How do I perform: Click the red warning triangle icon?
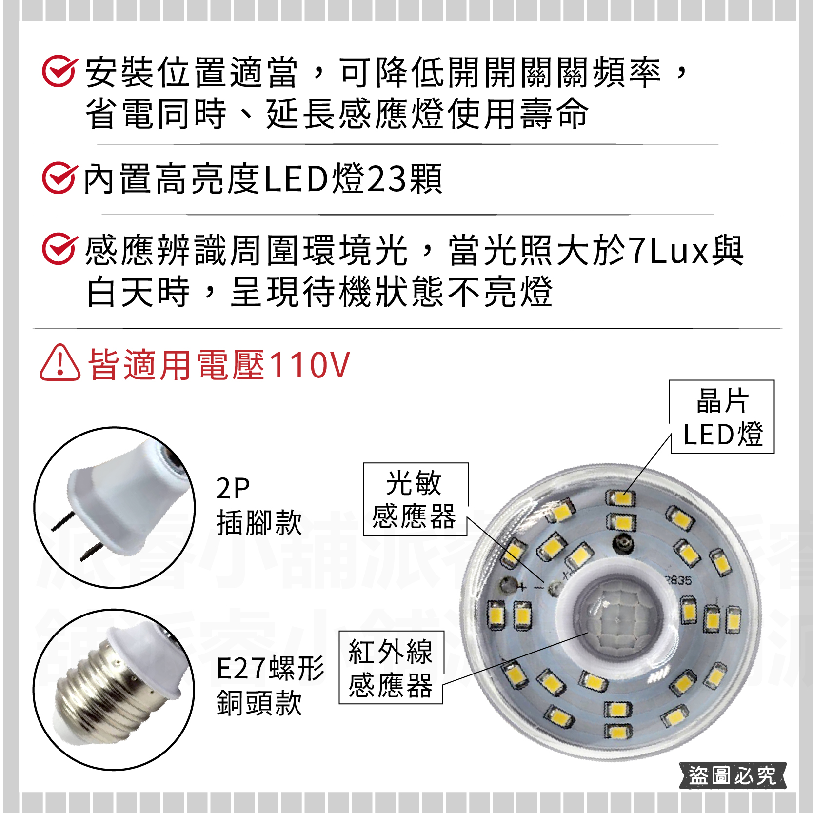click(59, 364)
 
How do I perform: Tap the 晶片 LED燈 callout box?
click(722, 417)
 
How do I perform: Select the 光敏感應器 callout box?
click(415, 499)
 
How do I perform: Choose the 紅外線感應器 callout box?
click(391, 667)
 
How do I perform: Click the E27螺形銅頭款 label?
click(270, 685)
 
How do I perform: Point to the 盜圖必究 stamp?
click(732, 775)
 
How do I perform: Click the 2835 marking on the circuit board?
click(678, 580)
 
